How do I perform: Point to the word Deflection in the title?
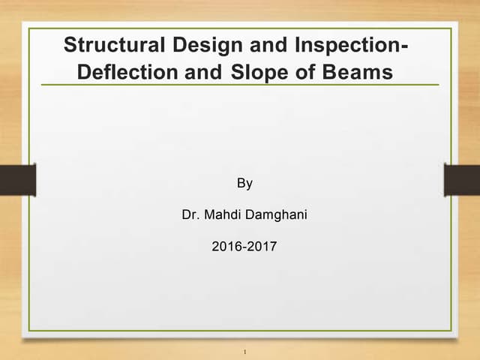127,73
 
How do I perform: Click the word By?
244,184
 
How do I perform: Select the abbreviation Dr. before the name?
190,216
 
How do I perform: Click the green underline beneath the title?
240,85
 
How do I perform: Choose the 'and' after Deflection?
200,73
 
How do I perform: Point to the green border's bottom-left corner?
29,330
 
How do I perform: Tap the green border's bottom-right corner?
451,330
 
